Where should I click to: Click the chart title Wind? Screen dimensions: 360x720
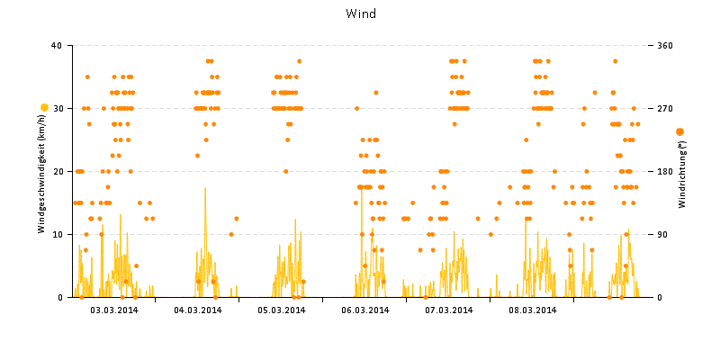[x=361, y=13]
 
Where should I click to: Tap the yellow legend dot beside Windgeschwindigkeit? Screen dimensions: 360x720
[x=44, y=108]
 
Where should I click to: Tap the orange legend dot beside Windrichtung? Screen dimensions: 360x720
[x=679, y=131]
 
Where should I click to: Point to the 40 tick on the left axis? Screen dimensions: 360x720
[x=57, y=45]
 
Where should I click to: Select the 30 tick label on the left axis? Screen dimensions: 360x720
[x=57, y=108]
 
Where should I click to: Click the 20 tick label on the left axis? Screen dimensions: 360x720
[x=57, y=171]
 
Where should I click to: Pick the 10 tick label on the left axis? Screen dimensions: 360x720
[x=57, y=234]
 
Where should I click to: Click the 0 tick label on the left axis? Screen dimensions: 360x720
[x=59, y=297]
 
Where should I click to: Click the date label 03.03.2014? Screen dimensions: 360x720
[x=114, y=310]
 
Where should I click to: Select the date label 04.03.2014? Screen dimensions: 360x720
[x=198, y=310]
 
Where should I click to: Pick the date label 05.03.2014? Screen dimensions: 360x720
[x=282, y=310]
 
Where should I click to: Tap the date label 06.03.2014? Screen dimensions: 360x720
[x=365, y=310]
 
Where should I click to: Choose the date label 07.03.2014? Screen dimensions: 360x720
[x=449, y=310]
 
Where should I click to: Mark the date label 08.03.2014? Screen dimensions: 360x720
[x=533, y=310]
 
